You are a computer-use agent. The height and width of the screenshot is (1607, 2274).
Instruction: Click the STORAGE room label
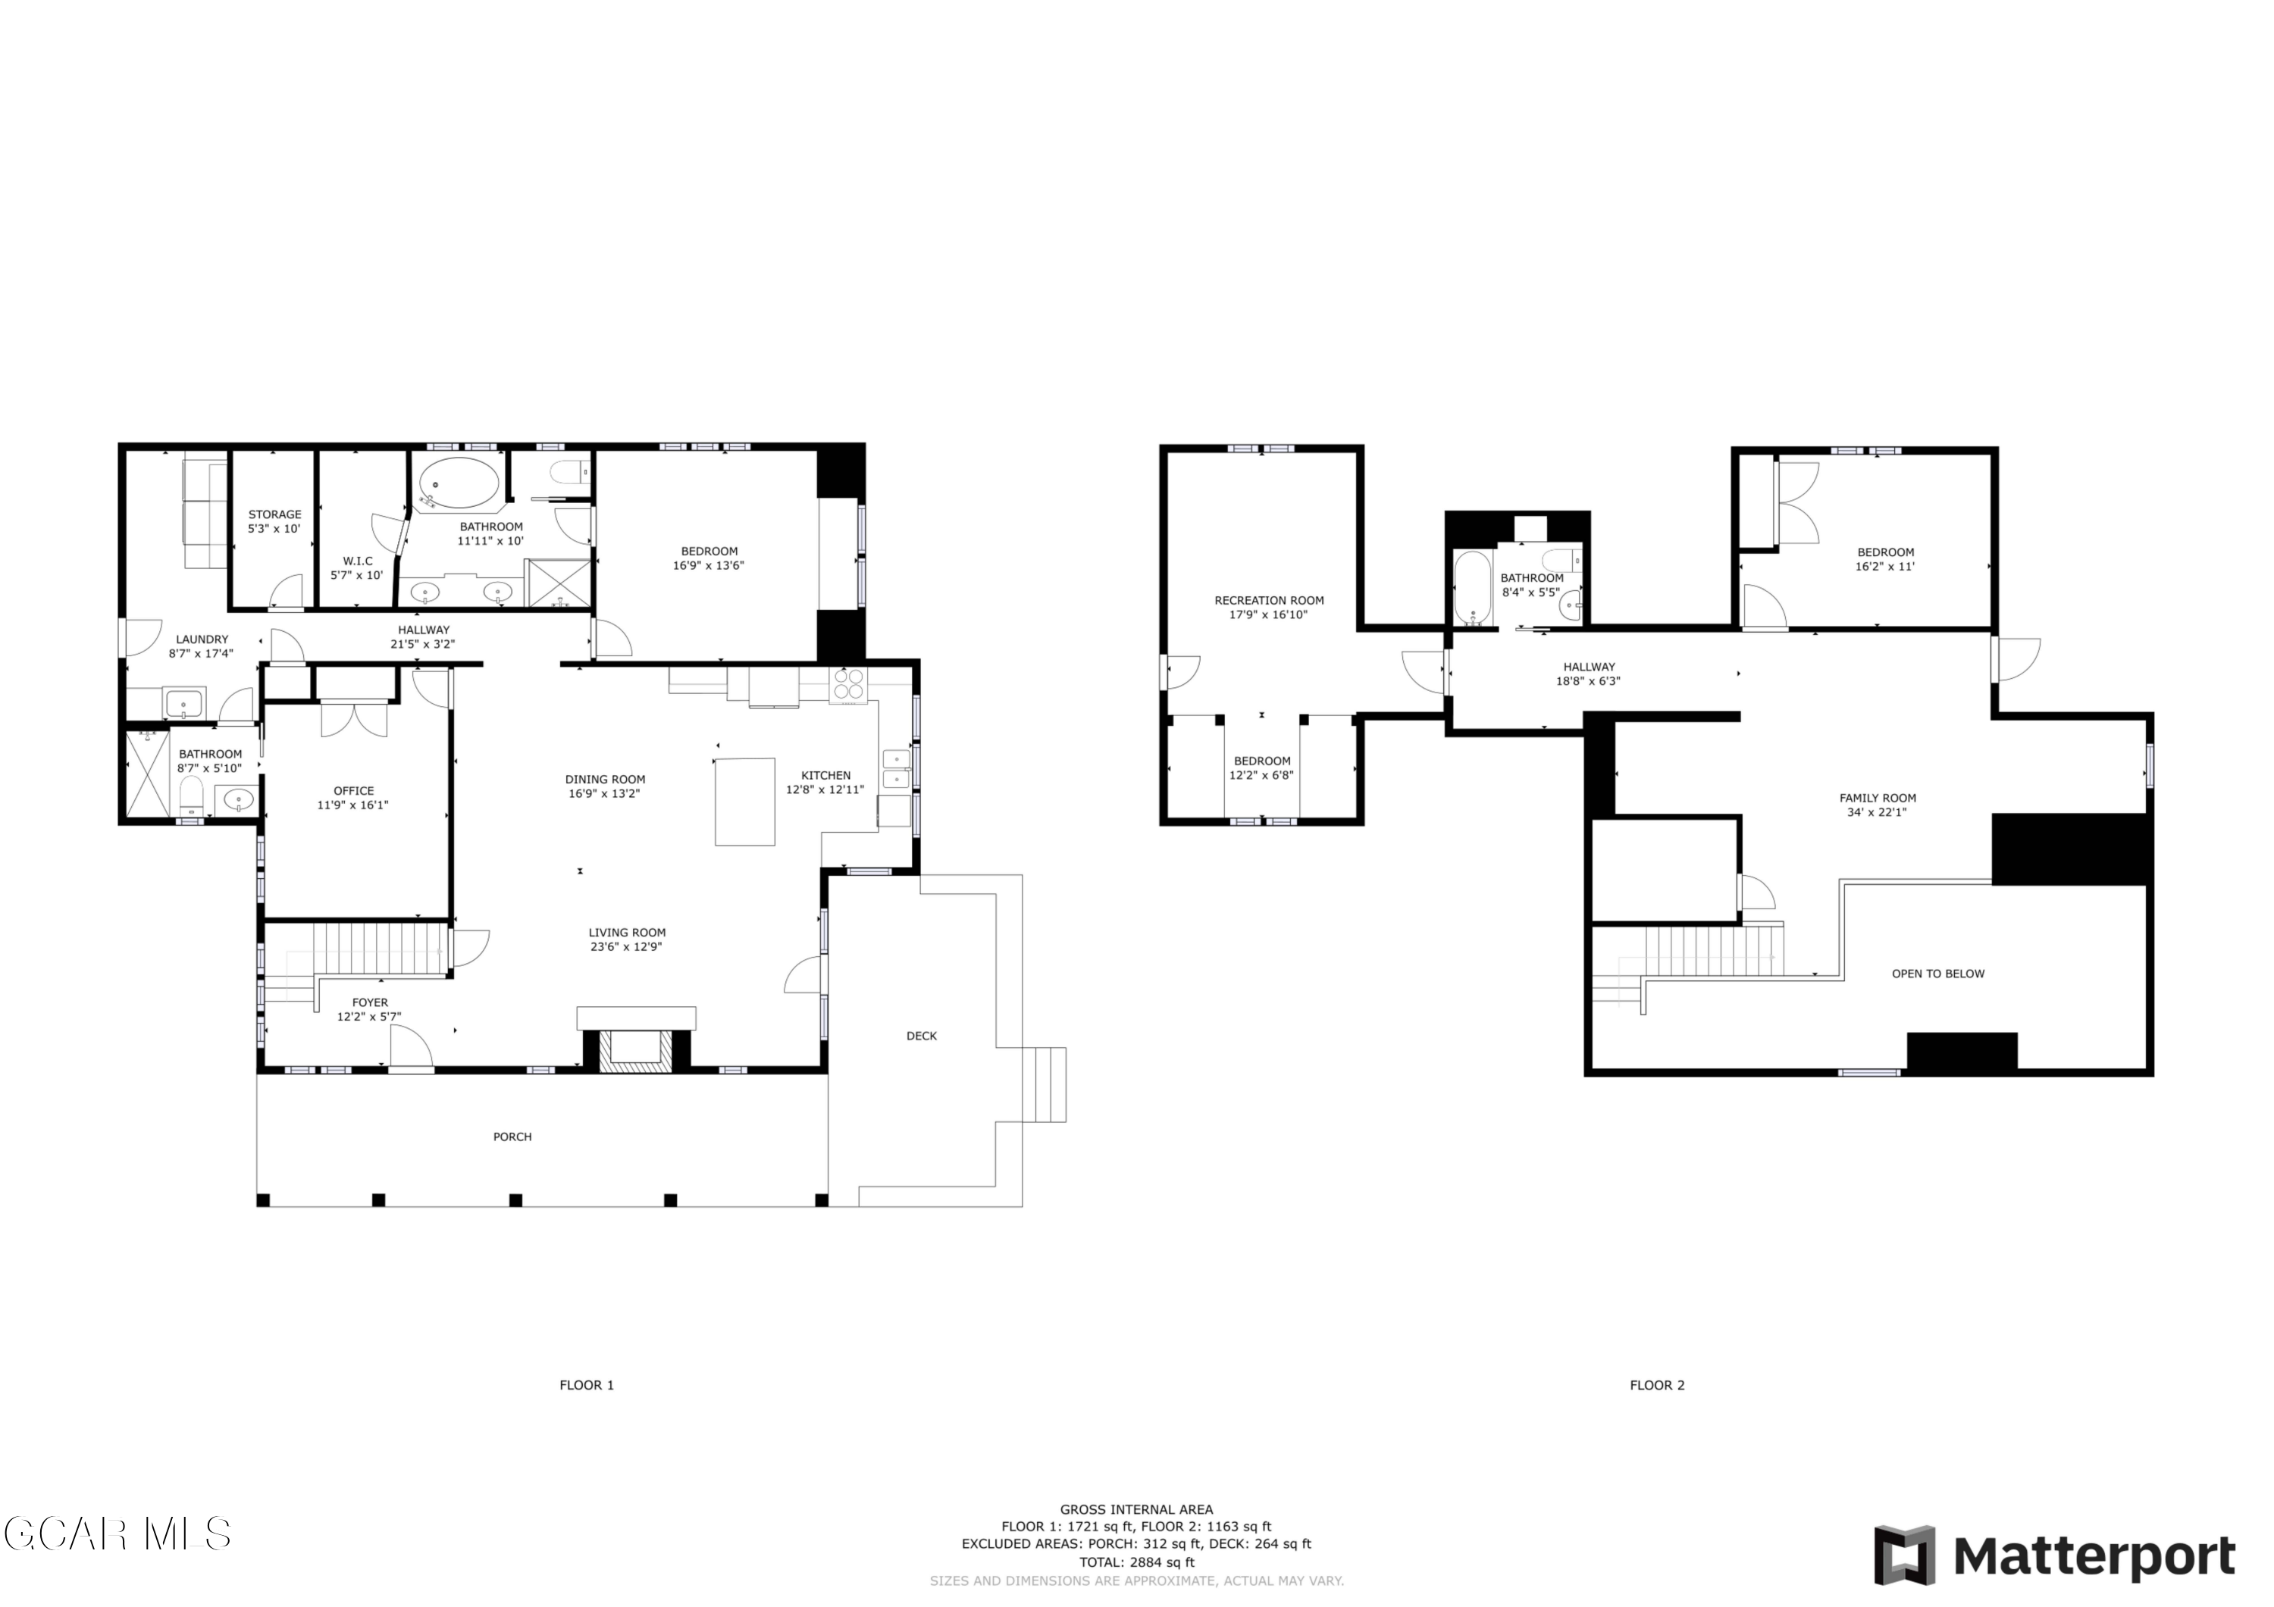274,515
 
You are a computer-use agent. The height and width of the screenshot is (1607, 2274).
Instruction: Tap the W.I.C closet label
358,561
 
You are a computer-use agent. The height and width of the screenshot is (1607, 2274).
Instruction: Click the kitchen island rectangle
745,802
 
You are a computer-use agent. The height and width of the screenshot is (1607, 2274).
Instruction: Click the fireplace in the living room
637,1049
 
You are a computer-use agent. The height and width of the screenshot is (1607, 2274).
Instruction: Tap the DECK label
921,1036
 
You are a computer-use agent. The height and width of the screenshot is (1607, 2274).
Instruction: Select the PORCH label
512,1136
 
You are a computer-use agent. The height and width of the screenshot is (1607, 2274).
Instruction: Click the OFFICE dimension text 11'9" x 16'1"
353,805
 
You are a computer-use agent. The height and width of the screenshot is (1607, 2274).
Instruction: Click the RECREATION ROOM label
1269,601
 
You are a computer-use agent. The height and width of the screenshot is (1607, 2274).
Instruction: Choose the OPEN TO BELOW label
1937,974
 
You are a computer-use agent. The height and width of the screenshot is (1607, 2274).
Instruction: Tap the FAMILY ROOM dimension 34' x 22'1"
1877,813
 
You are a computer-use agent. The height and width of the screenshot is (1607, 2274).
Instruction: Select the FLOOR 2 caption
1657,1385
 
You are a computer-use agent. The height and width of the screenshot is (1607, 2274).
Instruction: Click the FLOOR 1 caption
587,1385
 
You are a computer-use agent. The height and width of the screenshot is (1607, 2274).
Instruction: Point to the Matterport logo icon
1903,1556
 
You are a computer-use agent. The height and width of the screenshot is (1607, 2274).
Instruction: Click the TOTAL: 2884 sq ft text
1136,1562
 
